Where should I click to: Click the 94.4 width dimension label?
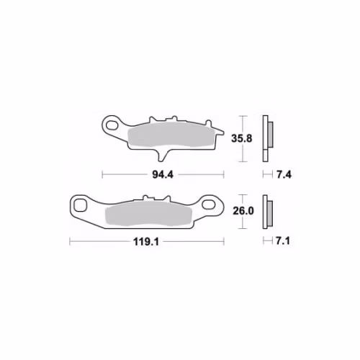(x=163, y=175)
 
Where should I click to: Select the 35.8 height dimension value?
(x=242, y=138)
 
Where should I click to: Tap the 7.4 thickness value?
(x=284, y=175)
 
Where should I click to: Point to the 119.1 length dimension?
(x=146, y=242)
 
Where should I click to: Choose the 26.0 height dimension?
(x=243, y=211)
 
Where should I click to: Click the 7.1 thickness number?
(x=283, y=241)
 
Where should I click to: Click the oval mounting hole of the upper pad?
(x=112, y=125)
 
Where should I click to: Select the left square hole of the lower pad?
(x=80, y=205)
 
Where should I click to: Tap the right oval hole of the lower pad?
(x=208, y=204)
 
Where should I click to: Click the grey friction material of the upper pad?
(x=171, y=135)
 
